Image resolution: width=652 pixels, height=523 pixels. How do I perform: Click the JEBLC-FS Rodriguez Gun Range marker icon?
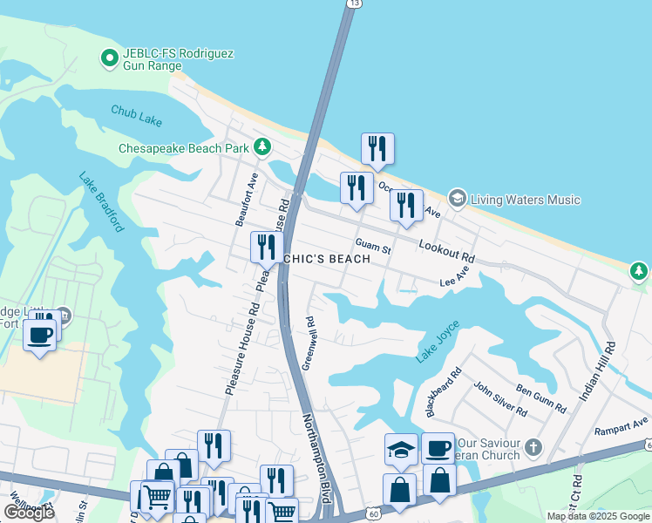(x=110, y=58)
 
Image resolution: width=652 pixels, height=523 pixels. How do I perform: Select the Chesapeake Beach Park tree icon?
(x=262, y=146)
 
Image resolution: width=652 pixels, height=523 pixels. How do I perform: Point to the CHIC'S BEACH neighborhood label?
(x=326, y=259)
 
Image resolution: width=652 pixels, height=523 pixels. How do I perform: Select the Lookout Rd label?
(x=446, y=252)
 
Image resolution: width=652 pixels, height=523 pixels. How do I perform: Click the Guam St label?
(x=373, y=246)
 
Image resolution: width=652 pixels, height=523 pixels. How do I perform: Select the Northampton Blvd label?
(x=315, y=457)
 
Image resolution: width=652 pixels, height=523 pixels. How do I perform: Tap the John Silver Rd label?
(x=499, y=397)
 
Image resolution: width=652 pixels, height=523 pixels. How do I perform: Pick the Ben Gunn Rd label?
(x=540, y=397)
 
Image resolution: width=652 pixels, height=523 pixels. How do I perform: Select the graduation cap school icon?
(x=401, y=449)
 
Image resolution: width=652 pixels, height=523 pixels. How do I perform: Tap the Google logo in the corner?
(x=30, y=513)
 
